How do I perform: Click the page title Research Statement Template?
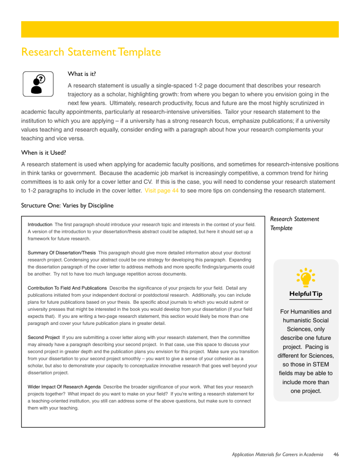tap(91, 52)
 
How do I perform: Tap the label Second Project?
tap(44, 337)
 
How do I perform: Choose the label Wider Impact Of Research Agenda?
tap(64, 386)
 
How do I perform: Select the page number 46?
tap(335, 454)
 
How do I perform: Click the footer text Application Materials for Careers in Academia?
tap(274, 454)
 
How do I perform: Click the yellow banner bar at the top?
tap(180, 29)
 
